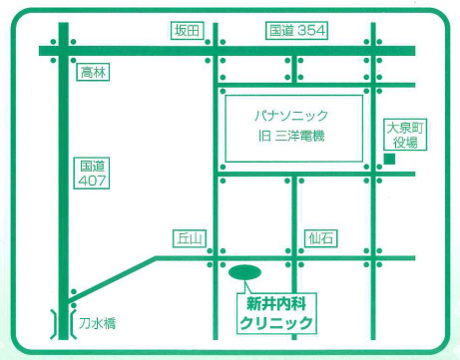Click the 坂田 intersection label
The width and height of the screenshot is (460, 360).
pyautogui.click(x=187, y=31)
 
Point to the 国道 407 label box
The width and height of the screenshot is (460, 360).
pyautogui.click(x=93, y=173)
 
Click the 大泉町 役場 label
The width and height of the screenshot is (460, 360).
pyautogui.click(x=407, y=135)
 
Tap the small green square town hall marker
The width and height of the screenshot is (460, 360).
pyautogui.click(x=391, y=160)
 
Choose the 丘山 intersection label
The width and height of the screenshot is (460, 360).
pyautogui.click(x=189, y=238)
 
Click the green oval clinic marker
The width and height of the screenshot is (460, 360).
pyautogui.click(x=244, y=271)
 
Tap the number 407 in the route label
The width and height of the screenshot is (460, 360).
pyautogui.click(x=93, y=181)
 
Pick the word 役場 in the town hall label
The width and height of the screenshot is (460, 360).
pyautogui.click(x=407, y=143)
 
